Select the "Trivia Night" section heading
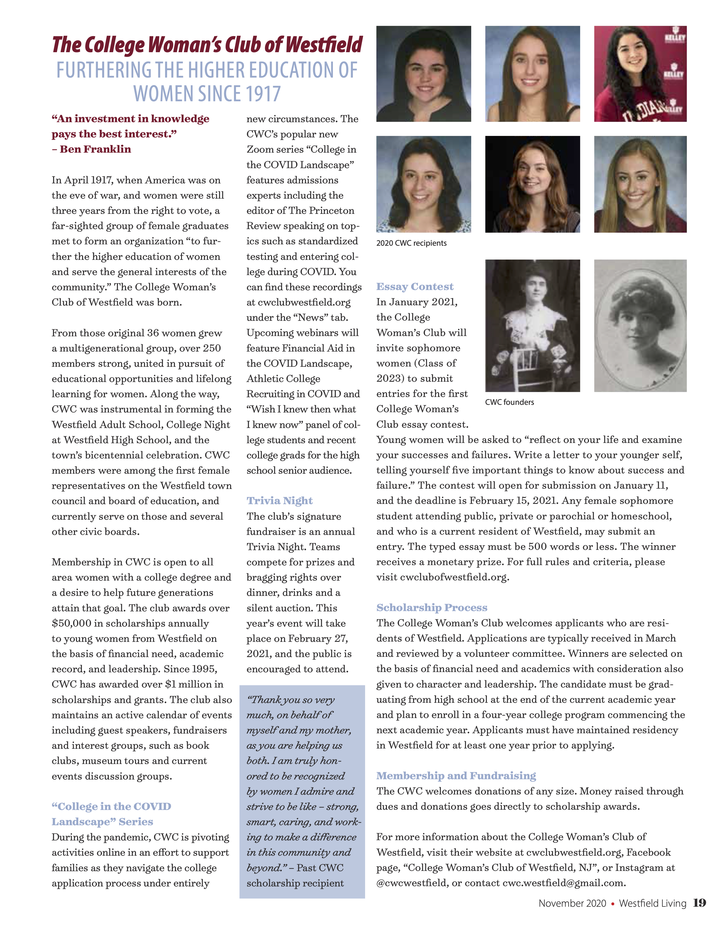click(279, 500)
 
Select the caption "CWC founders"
click(509, 402)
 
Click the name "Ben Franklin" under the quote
click(95, 149)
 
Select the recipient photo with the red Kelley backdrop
click(640, 74)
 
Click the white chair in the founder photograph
click(527, 366)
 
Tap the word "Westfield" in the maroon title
click(324, 45)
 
